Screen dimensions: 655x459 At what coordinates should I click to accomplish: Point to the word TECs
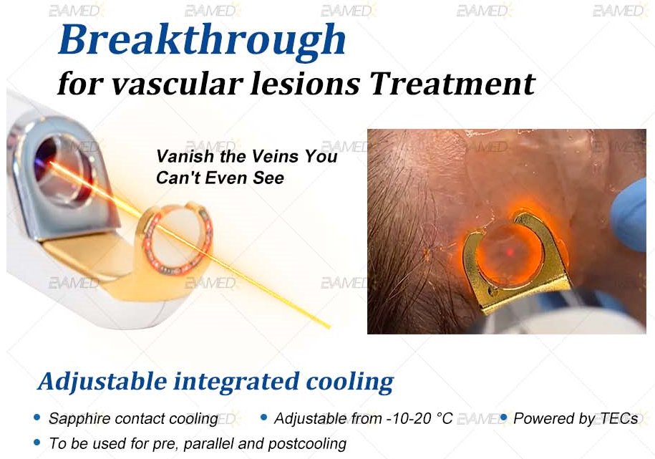point(618,418)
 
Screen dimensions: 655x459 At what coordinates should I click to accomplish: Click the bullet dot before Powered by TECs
point(503,417)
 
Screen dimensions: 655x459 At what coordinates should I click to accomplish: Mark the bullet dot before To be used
point(37,442)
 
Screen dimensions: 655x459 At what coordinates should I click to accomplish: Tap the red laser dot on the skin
point(510,252)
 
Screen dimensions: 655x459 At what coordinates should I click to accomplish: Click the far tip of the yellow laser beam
point(329,327)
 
